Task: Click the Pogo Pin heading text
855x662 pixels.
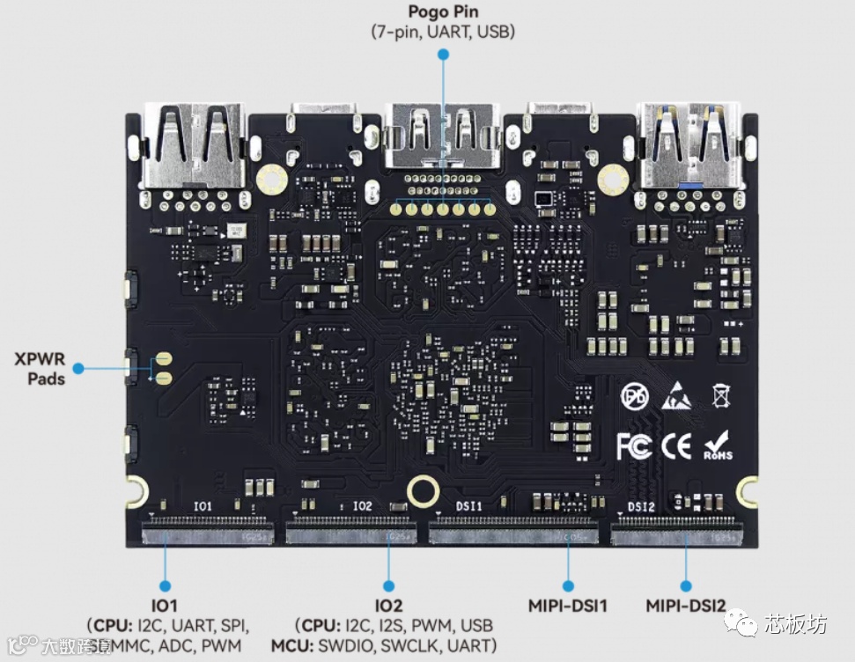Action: [443, 12]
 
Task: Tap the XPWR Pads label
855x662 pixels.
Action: [40, 368]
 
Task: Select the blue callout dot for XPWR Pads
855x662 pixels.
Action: [78, 368]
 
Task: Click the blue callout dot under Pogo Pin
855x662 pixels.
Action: [443, 55]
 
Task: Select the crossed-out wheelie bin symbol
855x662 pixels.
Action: [721, 396]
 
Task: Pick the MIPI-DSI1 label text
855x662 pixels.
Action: [567, 606]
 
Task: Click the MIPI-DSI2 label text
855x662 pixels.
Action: [686, 606]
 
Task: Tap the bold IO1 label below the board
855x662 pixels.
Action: [164, 606]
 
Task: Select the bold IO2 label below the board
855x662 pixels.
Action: [388, 606]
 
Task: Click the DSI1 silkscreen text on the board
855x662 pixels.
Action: [468, 506]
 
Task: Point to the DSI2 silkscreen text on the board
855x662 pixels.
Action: [642, 506]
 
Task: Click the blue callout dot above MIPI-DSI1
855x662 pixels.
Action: [568, 585]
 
